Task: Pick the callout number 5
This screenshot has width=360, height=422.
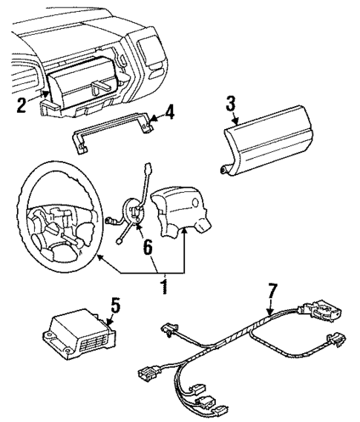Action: click(x=114, y=306)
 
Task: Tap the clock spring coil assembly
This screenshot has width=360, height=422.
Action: click(x=133, y=214)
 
